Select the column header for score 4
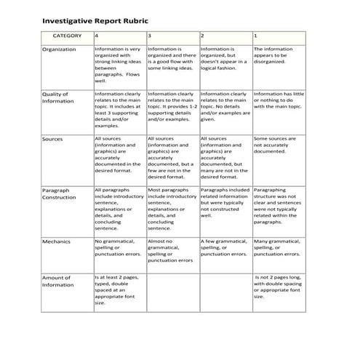(97, 35)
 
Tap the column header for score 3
(150, 35)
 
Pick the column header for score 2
(202, 35)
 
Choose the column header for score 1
(255, 35)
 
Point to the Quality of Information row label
(57, 97)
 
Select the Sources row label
(52, 138)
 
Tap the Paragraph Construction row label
(59, 193)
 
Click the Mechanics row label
(56, 241)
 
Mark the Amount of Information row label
(57, 281)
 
